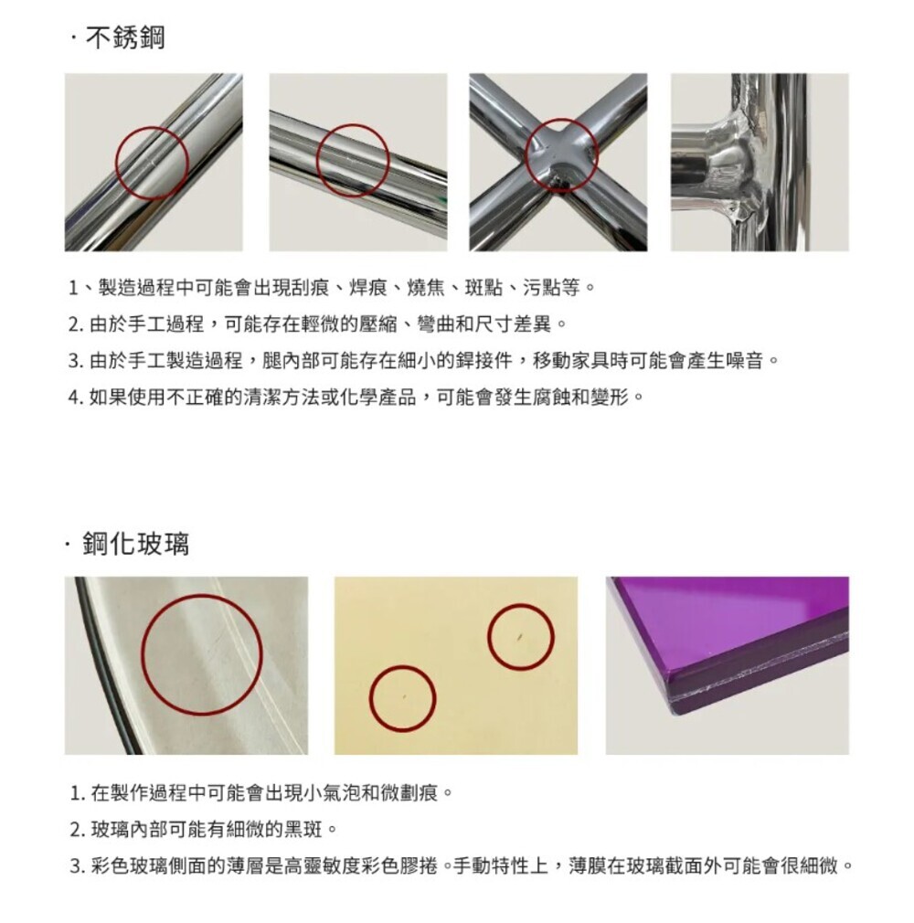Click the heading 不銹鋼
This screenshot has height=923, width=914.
coord(125,37)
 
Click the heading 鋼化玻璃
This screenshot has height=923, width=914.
coord(136,544)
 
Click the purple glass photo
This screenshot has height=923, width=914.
coord(728,665)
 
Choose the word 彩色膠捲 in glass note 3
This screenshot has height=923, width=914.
coord(400,866)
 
